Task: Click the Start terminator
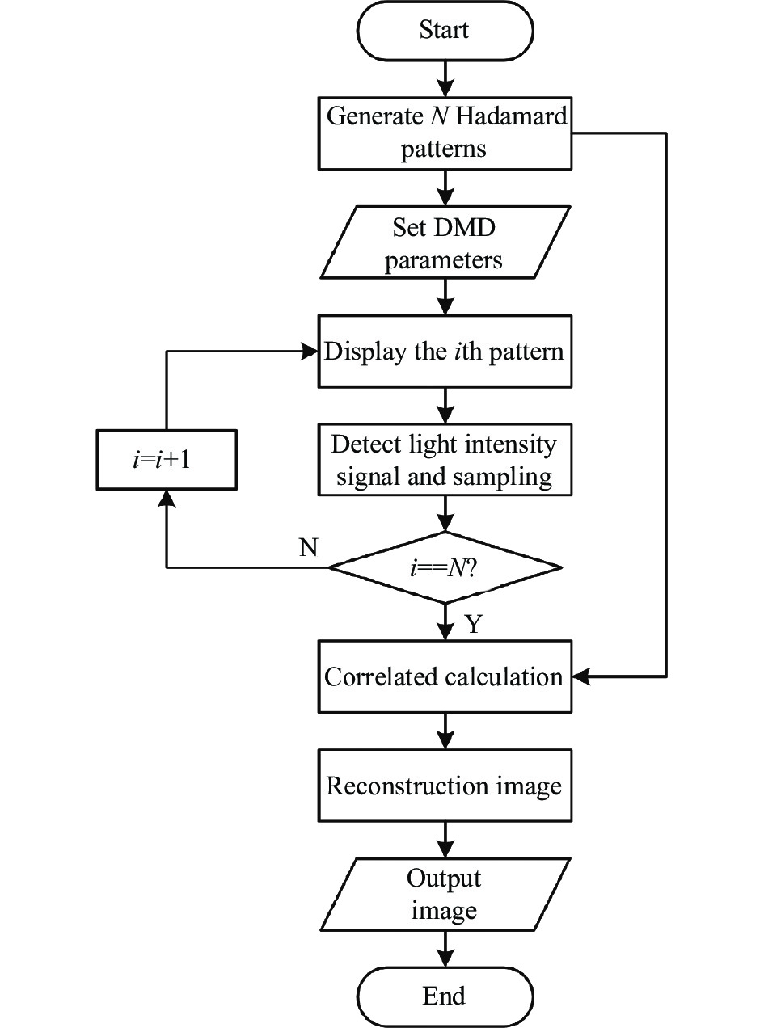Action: [x=444, y=32]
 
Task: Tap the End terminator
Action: [x=444, y=995]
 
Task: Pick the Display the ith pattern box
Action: [x=444, y=353]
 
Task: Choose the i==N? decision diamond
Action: [x=444, y=567]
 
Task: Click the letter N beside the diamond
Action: [x=308, y=549]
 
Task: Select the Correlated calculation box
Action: [x=444, y=676]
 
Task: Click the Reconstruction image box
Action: [x=444, y=786]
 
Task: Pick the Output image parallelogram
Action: [x=444, y=895]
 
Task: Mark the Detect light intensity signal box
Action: [x=444, y=461]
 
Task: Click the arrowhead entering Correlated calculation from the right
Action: [x=582, y=676]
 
